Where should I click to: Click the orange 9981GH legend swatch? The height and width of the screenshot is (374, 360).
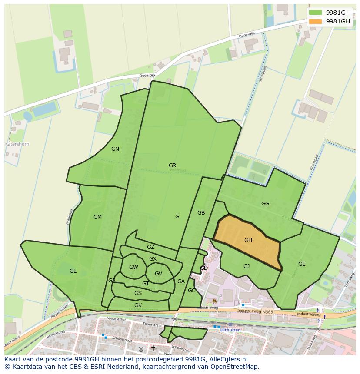point(316,21)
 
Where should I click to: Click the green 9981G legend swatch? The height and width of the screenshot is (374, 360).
point(316,13)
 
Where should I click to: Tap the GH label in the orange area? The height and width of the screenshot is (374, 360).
point(248,240)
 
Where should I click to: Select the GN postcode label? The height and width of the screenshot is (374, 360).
point(115,149)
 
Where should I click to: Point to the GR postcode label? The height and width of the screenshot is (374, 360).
point(172,165)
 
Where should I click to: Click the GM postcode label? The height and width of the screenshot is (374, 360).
point(97,217)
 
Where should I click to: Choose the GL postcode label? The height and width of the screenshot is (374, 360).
point(73,271)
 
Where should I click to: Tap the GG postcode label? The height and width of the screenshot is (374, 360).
point(265,203)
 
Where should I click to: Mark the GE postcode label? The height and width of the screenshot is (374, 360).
point(302,264)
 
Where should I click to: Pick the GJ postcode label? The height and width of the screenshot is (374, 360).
point(247,266)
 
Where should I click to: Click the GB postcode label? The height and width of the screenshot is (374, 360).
point(201,213)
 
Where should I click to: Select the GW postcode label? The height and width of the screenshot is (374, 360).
point(133,267)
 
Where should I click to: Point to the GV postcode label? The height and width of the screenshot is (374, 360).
point(158,273)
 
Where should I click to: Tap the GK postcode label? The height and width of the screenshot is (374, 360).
point(138,305)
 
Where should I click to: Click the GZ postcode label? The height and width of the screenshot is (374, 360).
point(150,247)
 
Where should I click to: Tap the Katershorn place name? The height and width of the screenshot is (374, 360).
point(17,144)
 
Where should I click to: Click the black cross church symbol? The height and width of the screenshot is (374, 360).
point(153,348)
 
